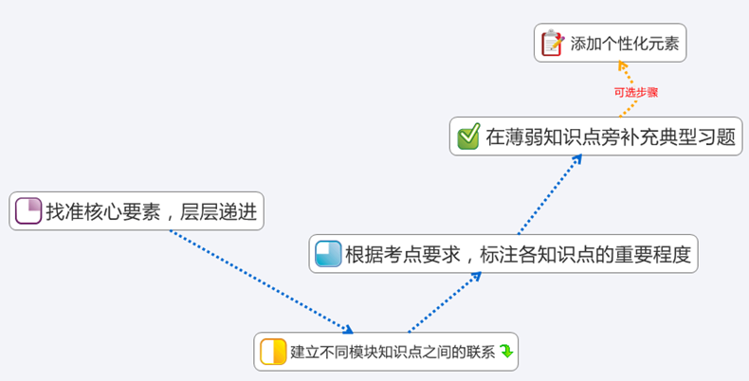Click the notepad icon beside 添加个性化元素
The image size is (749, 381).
(552, 43)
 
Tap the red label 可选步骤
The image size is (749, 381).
(635, 92)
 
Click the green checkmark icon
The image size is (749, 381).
(468, 136)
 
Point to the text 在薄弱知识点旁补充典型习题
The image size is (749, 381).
(611, 136)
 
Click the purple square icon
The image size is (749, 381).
(28, 210)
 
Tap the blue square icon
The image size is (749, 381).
(328, 254)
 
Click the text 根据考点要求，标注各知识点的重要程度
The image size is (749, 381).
(518, 254)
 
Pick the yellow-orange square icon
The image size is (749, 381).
(273, 352)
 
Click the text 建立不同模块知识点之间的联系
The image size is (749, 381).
(392, 352)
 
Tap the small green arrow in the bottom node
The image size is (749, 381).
(506, 352)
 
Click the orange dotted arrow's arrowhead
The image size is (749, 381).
(622, 65)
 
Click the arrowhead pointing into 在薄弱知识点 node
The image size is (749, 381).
(577, 158)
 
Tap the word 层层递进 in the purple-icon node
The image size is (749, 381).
(221, 211)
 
